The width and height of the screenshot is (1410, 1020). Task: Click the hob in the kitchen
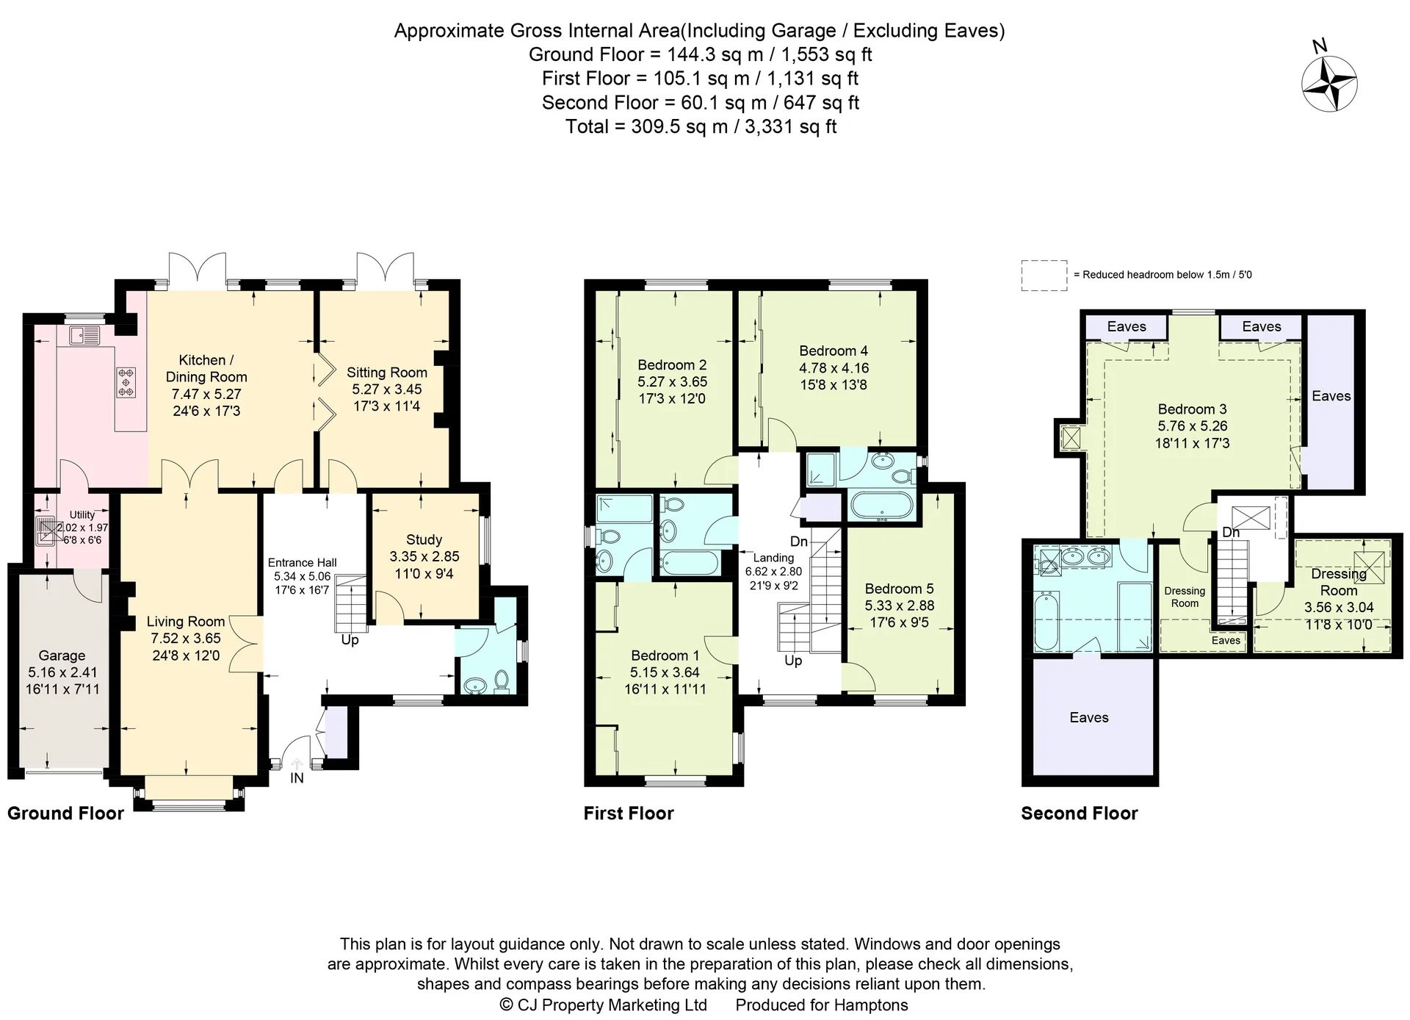126,382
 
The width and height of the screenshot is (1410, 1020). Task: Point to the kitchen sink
84,336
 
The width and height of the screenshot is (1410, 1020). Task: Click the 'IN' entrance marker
297,777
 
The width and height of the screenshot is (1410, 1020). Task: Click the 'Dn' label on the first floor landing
799,542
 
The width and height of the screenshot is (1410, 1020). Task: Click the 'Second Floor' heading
1080,814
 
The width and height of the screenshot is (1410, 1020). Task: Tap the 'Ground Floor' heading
65,814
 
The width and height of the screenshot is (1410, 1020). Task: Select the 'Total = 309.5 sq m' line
701,126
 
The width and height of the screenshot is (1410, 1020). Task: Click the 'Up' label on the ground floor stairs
350,640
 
